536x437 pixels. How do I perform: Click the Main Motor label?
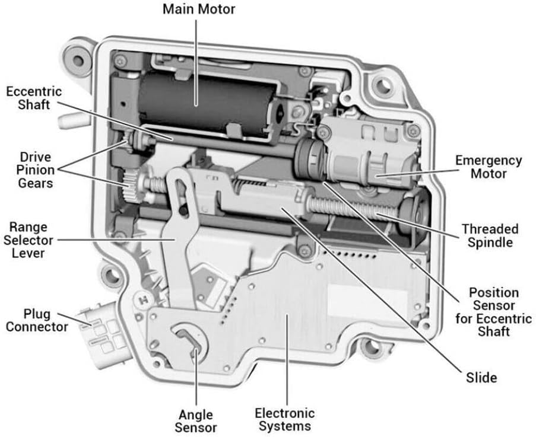199,9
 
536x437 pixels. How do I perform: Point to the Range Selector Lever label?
28,240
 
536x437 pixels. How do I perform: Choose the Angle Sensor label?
196,420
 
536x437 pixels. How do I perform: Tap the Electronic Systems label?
284,419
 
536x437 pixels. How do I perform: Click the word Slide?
481,377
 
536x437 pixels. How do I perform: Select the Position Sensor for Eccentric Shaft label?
493,312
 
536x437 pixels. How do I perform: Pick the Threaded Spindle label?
490,235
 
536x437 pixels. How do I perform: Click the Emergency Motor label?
488,167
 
